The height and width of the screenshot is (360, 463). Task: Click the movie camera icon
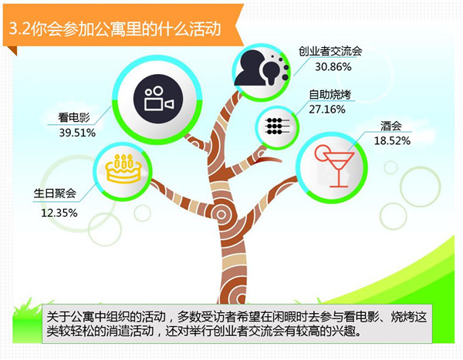click(159, 99)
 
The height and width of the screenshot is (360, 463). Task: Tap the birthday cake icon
click(123, 169)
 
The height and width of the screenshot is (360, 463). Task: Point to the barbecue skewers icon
click(277, 126)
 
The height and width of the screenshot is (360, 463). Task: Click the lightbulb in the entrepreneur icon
click(271, 72)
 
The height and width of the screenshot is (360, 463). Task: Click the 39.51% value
click(77, 133)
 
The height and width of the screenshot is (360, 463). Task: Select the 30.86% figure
click(333, 67)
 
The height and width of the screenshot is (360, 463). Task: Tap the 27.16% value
click(327, 109)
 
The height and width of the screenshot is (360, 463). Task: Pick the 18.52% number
click(392, 141)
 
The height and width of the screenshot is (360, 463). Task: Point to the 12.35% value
click(59, 213)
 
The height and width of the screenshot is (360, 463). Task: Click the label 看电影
click(74, 117)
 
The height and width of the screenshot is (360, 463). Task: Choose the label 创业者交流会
click(330, 52)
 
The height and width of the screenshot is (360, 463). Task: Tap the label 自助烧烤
click(330, 94)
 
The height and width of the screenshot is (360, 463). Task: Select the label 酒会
click(391, 126)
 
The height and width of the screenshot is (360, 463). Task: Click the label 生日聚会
click(55, 193)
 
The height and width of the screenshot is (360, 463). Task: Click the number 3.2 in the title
click(19, 29)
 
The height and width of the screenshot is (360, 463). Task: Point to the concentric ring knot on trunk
click(221, 214)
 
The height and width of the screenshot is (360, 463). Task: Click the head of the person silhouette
click(252, 61)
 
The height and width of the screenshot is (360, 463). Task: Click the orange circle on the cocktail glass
click(322, 153)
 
